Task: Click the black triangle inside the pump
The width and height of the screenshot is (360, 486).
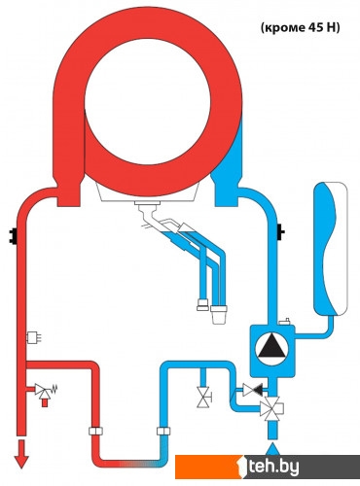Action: (x=271, y=347)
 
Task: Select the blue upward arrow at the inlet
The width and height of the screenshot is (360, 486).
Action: (x=272, y=449)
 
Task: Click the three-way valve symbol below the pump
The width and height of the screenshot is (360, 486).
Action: (x=271, y=408)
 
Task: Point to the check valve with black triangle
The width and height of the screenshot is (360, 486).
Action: (x=253, y=390)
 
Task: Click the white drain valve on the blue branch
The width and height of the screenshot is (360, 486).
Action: (x=204, y=397)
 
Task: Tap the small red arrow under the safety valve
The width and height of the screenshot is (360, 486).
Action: (x=45, y=402)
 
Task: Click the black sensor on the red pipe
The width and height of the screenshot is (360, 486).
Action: (x=14, y=236)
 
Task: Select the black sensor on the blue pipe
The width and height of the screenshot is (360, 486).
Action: (x=280, y=232)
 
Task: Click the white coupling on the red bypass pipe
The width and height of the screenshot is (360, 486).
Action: (x=95, y=431)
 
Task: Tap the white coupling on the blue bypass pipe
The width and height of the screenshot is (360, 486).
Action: (x=163, y=431)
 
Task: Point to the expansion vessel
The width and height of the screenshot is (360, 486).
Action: (x=330, y=249)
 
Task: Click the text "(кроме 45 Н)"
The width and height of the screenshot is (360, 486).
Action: (x=300, y=28)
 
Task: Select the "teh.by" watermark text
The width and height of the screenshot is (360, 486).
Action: (x=272, y=467)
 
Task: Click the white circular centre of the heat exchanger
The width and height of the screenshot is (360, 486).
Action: (x=148, y=102)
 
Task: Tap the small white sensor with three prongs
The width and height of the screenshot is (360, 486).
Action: (x=33, y=338)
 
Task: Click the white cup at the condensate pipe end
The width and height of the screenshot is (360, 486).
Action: (x=219, y=314)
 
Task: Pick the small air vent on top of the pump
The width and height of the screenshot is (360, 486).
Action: (x=284, y=322)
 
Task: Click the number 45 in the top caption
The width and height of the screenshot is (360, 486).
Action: (x=309, y=28)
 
